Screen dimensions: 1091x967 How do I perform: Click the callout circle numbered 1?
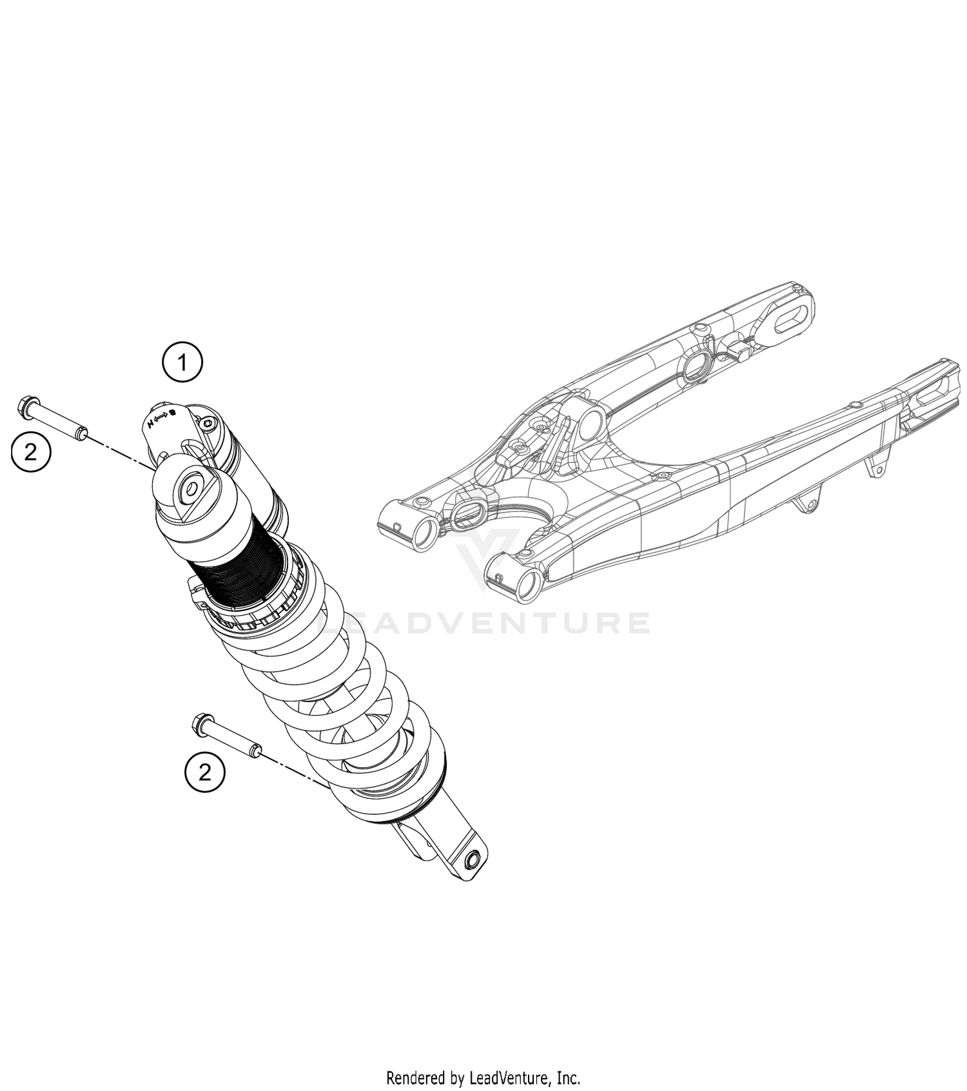182,362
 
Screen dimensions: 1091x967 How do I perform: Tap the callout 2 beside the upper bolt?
31,452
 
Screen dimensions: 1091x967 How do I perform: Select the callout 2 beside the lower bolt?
205,772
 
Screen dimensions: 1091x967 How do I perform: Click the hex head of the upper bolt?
25,407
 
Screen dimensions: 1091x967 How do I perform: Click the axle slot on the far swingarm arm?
791,320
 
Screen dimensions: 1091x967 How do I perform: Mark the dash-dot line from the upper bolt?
122,452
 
